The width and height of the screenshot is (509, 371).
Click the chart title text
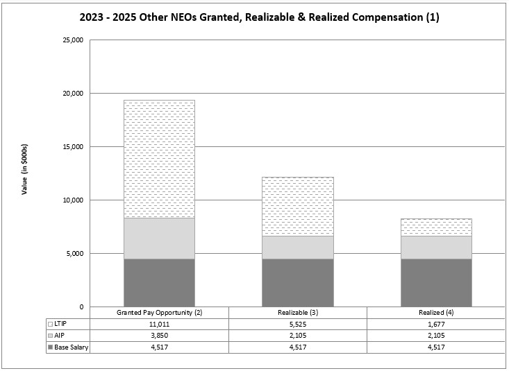click(254, 17)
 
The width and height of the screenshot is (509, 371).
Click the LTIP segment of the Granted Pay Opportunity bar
click(159, 159)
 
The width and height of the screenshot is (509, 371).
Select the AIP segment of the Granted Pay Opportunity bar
click(159, 239)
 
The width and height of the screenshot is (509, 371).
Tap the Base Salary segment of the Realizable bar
click(297, 283)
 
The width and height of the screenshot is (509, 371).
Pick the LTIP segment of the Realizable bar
click(297, 206)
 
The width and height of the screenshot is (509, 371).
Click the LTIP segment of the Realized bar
click(436, 227)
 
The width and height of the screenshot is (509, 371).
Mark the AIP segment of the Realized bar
click(436, 247)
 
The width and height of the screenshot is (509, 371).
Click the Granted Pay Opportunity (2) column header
click(159, 313)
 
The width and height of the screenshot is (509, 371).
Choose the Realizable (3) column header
click(297, 313)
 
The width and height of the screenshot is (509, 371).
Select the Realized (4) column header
click(436, 313)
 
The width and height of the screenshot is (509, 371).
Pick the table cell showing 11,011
click(159, 325)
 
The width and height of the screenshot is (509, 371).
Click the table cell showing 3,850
click(159, 336)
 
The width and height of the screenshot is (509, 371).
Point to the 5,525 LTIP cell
click(297, 325)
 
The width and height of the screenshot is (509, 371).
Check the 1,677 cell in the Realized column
click(436, 325)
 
